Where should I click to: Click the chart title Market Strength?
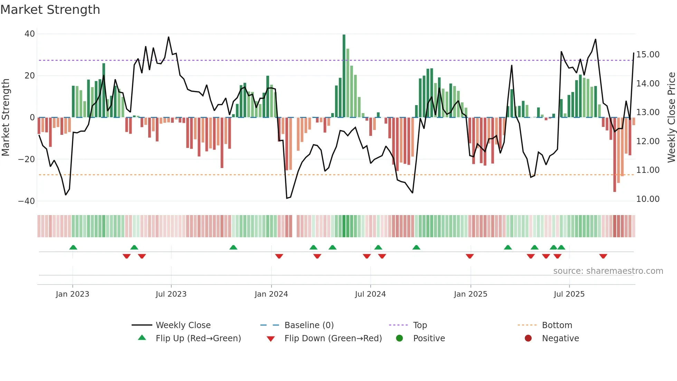pos(50,10)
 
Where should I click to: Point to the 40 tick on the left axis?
pos(30,34)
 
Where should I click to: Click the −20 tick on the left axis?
pos(27,159)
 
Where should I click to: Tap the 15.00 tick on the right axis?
pos(648,55)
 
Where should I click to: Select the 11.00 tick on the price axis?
pos(648,170)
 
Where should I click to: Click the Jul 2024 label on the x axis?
pos(370,294)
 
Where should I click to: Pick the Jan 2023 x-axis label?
pos(72,294)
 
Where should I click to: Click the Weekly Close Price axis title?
pos(671,117)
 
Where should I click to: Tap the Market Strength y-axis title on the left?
pos(6,117)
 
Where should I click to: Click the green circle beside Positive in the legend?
pos(400,338)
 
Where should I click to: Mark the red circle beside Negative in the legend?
pos(528,338)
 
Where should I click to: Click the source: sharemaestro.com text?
pos(608,271)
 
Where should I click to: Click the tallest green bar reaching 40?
pos(344,76)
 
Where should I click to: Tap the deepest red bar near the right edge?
pos(614,155)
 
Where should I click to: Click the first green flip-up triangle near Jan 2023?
pos(73,247)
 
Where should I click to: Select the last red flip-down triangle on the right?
pos(603,256)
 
